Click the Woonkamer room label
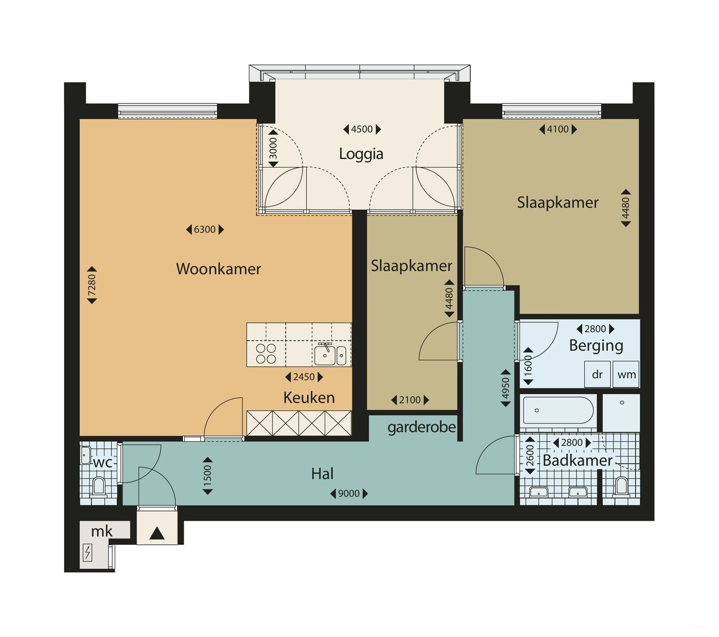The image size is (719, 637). pyautogui.click(x=219, y=269)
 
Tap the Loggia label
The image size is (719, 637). pyautogui.click(x=361, y=154)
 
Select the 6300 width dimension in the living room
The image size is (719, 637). pyautogui.click(x=204, y=229)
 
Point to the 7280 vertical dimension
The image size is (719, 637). pyautogui.click(x=92, y=285)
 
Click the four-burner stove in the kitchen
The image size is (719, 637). pyautogui.click(x=266, y=354)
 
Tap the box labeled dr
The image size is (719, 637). pyautogui.click(x=597, y=374)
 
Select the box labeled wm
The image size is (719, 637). pyautogui.click(x=626, y=374)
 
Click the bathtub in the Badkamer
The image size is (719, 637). pyautogui.click(x=558, y=410)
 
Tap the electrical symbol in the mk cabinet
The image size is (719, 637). pyautogui.click(x=88, y=553)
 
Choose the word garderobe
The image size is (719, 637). pyautogui.click(x=421, y=428)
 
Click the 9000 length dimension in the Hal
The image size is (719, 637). pyautogui.click(x=349, y=494)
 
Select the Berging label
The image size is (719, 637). pyautogui.click(x=596, y=345)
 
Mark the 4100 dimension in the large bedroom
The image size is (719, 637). pyautogui.click(x=558, y=129)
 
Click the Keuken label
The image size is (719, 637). pyautogui.click(x=309, y=397)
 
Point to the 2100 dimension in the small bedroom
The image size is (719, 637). pyautogui.click(x=410, y=400)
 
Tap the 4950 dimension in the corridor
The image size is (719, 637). pyautogui.click(x=506, y=388)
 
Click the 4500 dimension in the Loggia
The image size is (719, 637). pyautogui.click(x=362, y=129)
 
